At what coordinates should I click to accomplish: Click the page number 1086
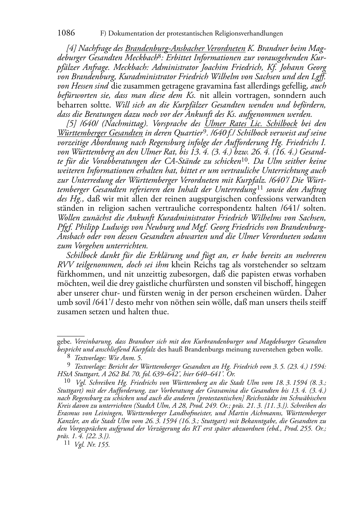pyautogui.click(x=66, y=33)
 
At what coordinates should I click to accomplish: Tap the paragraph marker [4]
pyautogui.click(x=71, y=48)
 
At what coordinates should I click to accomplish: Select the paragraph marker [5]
pyautogui.click(x=71, y=124)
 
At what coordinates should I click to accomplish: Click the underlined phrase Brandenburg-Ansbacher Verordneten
pyautogui.click(x=185, y=48)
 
